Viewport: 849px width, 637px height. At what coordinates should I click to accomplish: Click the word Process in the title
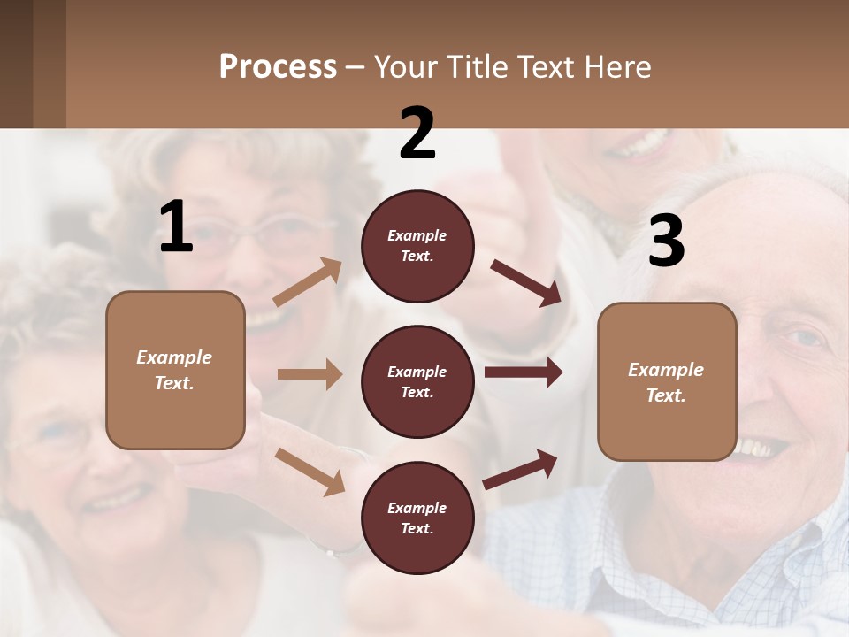point(278,67)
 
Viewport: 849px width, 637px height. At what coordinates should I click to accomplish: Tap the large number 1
point(176,227)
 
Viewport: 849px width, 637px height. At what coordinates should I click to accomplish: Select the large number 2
point(417,134)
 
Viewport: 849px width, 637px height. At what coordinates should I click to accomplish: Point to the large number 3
point(666,241)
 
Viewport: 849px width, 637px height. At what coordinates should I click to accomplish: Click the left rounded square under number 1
point(175,370)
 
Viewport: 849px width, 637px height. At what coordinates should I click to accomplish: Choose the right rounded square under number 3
point(667,381)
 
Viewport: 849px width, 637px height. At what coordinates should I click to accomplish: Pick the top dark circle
point(417,246)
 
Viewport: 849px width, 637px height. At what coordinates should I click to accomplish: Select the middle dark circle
point(417,381)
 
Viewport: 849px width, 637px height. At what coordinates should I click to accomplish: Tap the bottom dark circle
point(417,518)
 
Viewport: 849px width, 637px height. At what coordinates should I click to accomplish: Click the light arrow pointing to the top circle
point(308,282)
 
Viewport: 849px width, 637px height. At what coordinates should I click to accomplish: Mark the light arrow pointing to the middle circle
point(310,374)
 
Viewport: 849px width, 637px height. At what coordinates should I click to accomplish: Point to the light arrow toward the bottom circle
point(310,471)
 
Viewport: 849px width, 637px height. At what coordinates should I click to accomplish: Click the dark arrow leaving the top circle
point(525,282)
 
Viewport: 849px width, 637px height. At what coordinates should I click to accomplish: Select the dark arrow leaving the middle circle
point(524,372)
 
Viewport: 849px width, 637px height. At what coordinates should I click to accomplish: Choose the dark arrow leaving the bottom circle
point(521,469)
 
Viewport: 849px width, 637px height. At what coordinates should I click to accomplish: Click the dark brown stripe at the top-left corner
point(16,64)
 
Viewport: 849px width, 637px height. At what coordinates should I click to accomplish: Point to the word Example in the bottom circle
point(417,508)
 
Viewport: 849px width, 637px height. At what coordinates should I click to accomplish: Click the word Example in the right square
point(666,370)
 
